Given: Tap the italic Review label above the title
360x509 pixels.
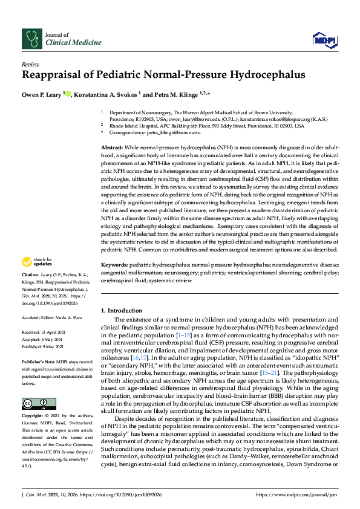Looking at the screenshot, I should click(30, 63).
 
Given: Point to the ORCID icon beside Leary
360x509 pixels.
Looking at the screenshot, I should click(68, 93).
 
